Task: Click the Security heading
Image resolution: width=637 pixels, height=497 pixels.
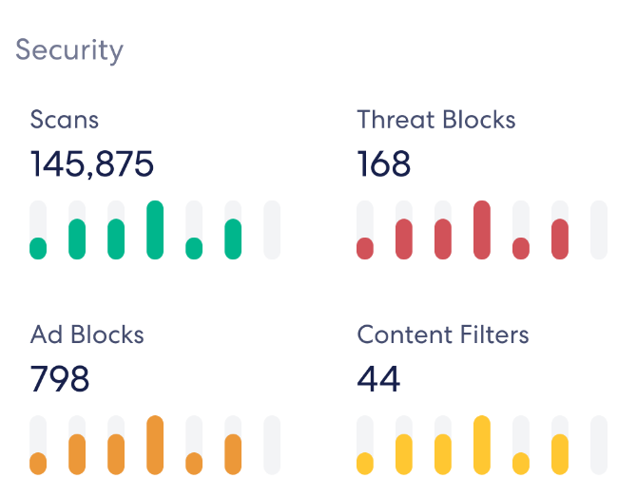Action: pos(68,49)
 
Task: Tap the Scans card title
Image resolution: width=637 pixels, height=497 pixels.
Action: pos(65,120)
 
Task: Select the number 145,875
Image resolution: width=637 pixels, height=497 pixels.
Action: pos(92,164)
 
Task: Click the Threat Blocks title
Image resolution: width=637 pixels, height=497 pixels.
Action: pos(436,120)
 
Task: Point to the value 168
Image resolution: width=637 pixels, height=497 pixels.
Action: pos(384,164)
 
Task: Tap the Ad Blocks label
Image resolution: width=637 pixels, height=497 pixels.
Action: pos(87,335)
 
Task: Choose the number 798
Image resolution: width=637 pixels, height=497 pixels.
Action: pos(60,379)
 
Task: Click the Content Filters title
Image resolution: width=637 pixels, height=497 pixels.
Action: pos(443,335)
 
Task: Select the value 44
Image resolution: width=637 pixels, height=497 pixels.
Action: pos(378,379)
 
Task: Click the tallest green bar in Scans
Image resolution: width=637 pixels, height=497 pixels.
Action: pos(155,230)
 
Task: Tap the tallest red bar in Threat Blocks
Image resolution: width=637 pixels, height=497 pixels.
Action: pos(482,230)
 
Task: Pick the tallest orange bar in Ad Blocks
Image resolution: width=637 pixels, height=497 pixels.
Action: pos(155,445)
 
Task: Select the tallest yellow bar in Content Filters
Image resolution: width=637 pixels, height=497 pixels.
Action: pos(482,445)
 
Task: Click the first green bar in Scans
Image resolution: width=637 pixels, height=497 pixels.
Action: pos(38,248)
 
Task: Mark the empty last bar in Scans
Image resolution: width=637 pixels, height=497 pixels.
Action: pos(272,230)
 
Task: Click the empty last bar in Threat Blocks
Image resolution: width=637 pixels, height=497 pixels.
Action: pos(599,230)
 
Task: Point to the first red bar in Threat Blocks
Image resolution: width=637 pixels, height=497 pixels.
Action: pos(365,248)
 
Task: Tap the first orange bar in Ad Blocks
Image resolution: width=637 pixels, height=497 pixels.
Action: pos(38,463)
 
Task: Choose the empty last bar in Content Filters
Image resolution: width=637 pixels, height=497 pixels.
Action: pos(599,445)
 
